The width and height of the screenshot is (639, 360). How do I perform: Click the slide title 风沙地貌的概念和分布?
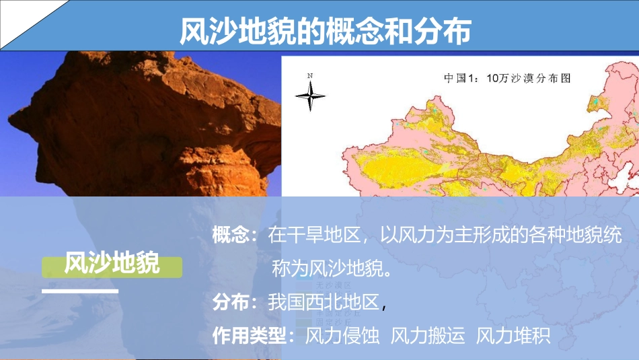326,30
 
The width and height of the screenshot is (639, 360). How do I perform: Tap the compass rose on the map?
310,98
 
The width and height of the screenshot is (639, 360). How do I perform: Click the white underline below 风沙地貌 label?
80,291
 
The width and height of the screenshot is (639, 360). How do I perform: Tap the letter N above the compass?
310,75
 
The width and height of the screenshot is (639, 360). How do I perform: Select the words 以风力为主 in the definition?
427,236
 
